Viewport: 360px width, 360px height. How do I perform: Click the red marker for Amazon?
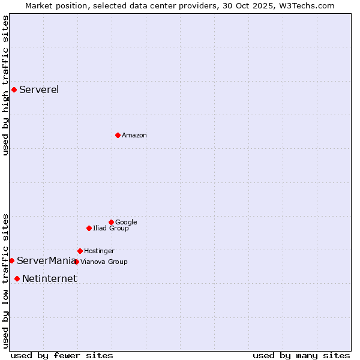click(118, 135)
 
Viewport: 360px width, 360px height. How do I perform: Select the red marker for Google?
click(111, 222)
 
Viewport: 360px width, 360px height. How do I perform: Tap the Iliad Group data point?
click(89, 228)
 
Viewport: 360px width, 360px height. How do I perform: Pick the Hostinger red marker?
click(80, 251)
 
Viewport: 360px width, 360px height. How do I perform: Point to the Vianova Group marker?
click(76, 262)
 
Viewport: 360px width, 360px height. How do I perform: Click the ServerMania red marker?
click(11, 260)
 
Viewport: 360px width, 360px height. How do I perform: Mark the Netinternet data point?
click(17, 278)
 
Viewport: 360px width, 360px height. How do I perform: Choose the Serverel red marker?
click(14, 90)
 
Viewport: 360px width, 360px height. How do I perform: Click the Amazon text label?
click(134, 136)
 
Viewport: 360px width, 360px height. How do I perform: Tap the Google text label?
click(126, 223)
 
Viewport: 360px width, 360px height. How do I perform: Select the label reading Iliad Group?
click(111, 229)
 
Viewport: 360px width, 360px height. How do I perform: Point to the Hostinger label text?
click(99, 251)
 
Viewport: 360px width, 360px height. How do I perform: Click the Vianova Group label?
click(104, 262)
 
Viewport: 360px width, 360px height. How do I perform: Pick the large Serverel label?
click(39, 90)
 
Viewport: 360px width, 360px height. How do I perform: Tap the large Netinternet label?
click(49, 278)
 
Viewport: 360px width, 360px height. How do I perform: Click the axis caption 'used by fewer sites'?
click(62, 355)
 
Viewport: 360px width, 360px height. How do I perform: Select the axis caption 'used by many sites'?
click(301, 355)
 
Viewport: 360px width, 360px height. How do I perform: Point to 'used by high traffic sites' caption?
click(6, 85)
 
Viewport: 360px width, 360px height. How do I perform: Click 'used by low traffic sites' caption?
click(6, 280)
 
